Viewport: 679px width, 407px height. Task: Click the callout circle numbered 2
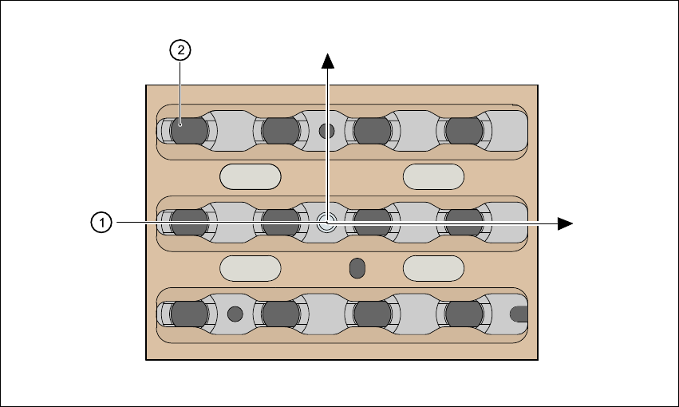[x=181, y=50]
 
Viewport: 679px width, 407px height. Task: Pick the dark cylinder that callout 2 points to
[x=189, y=130]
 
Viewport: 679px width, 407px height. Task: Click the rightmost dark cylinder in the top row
[x=464, y=130]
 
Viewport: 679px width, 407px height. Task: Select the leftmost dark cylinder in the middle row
[x=189, y=223]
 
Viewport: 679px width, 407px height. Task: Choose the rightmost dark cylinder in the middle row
[x=464, y=223]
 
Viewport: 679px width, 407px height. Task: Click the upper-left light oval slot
[x=251, y=176]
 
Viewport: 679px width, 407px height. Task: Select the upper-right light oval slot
[x=434, y=176]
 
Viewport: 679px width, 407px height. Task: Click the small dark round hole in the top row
[x=326, y=131]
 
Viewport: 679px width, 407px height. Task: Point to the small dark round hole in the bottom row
[x=235, y=314]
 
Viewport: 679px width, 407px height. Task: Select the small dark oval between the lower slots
[x=357, y=268]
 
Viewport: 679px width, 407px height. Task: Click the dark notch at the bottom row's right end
[x=519, y=314]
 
